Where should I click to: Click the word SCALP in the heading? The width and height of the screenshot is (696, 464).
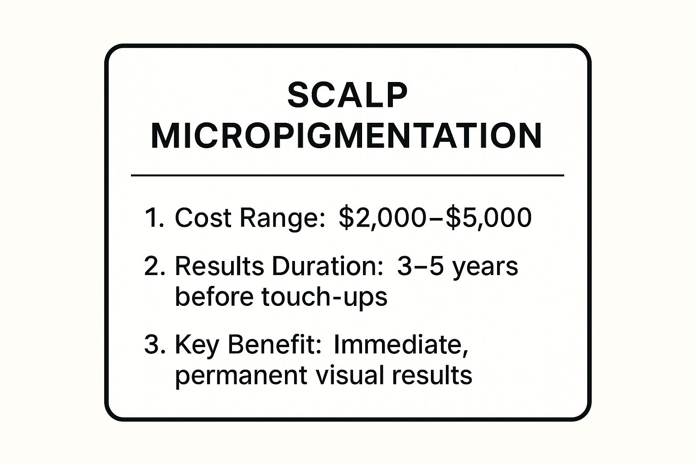tap(348, 95)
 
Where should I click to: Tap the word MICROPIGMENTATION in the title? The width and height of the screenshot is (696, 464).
tap(346, 135)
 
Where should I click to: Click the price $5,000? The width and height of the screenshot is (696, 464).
tap(488, 217)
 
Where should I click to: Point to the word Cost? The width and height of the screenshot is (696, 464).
tap(203, 217)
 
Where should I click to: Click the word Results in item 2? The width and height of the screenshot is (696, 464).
tap(219, 266)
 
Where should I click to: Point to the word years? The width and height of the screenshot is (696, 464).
tap(485, 267)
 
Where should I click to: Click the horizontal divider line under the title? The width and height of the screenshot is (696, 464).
tap(348, 175)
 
